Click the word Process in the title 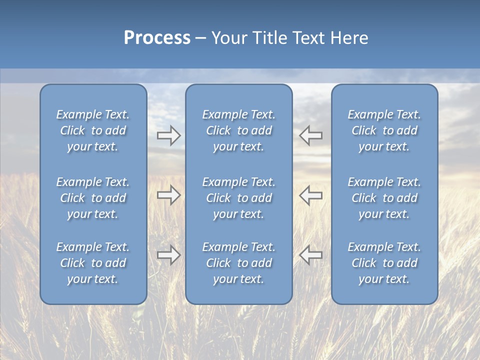click(x=157, y=38)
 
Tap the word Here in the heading click(x=349, y=38)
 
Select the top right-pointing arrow click(x=168, y=135)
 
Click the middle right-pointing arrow click(x=168, y=195)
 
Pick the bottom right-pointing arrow click(x=168, y=255)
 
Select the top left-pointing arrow click(x=310, y=135)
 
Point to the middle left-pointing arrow click(x=310, y=195)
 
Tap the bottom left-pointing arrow click(x=310, y=255)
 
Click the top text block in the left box click(x=93, y=130)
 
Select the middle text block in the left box click(x=93, y=198)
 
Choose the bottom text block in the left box click(x=93, y=263)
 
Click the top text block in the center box click(x=238, y=130)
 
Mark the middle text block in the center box click(x=238, y=198)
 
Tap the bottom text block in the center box click(x=238, y=263)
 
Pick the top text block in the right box click(x=384, y=130)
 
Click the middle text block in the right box click(x=384, y=198)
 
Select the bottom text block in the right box click(x=384, y=263)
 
